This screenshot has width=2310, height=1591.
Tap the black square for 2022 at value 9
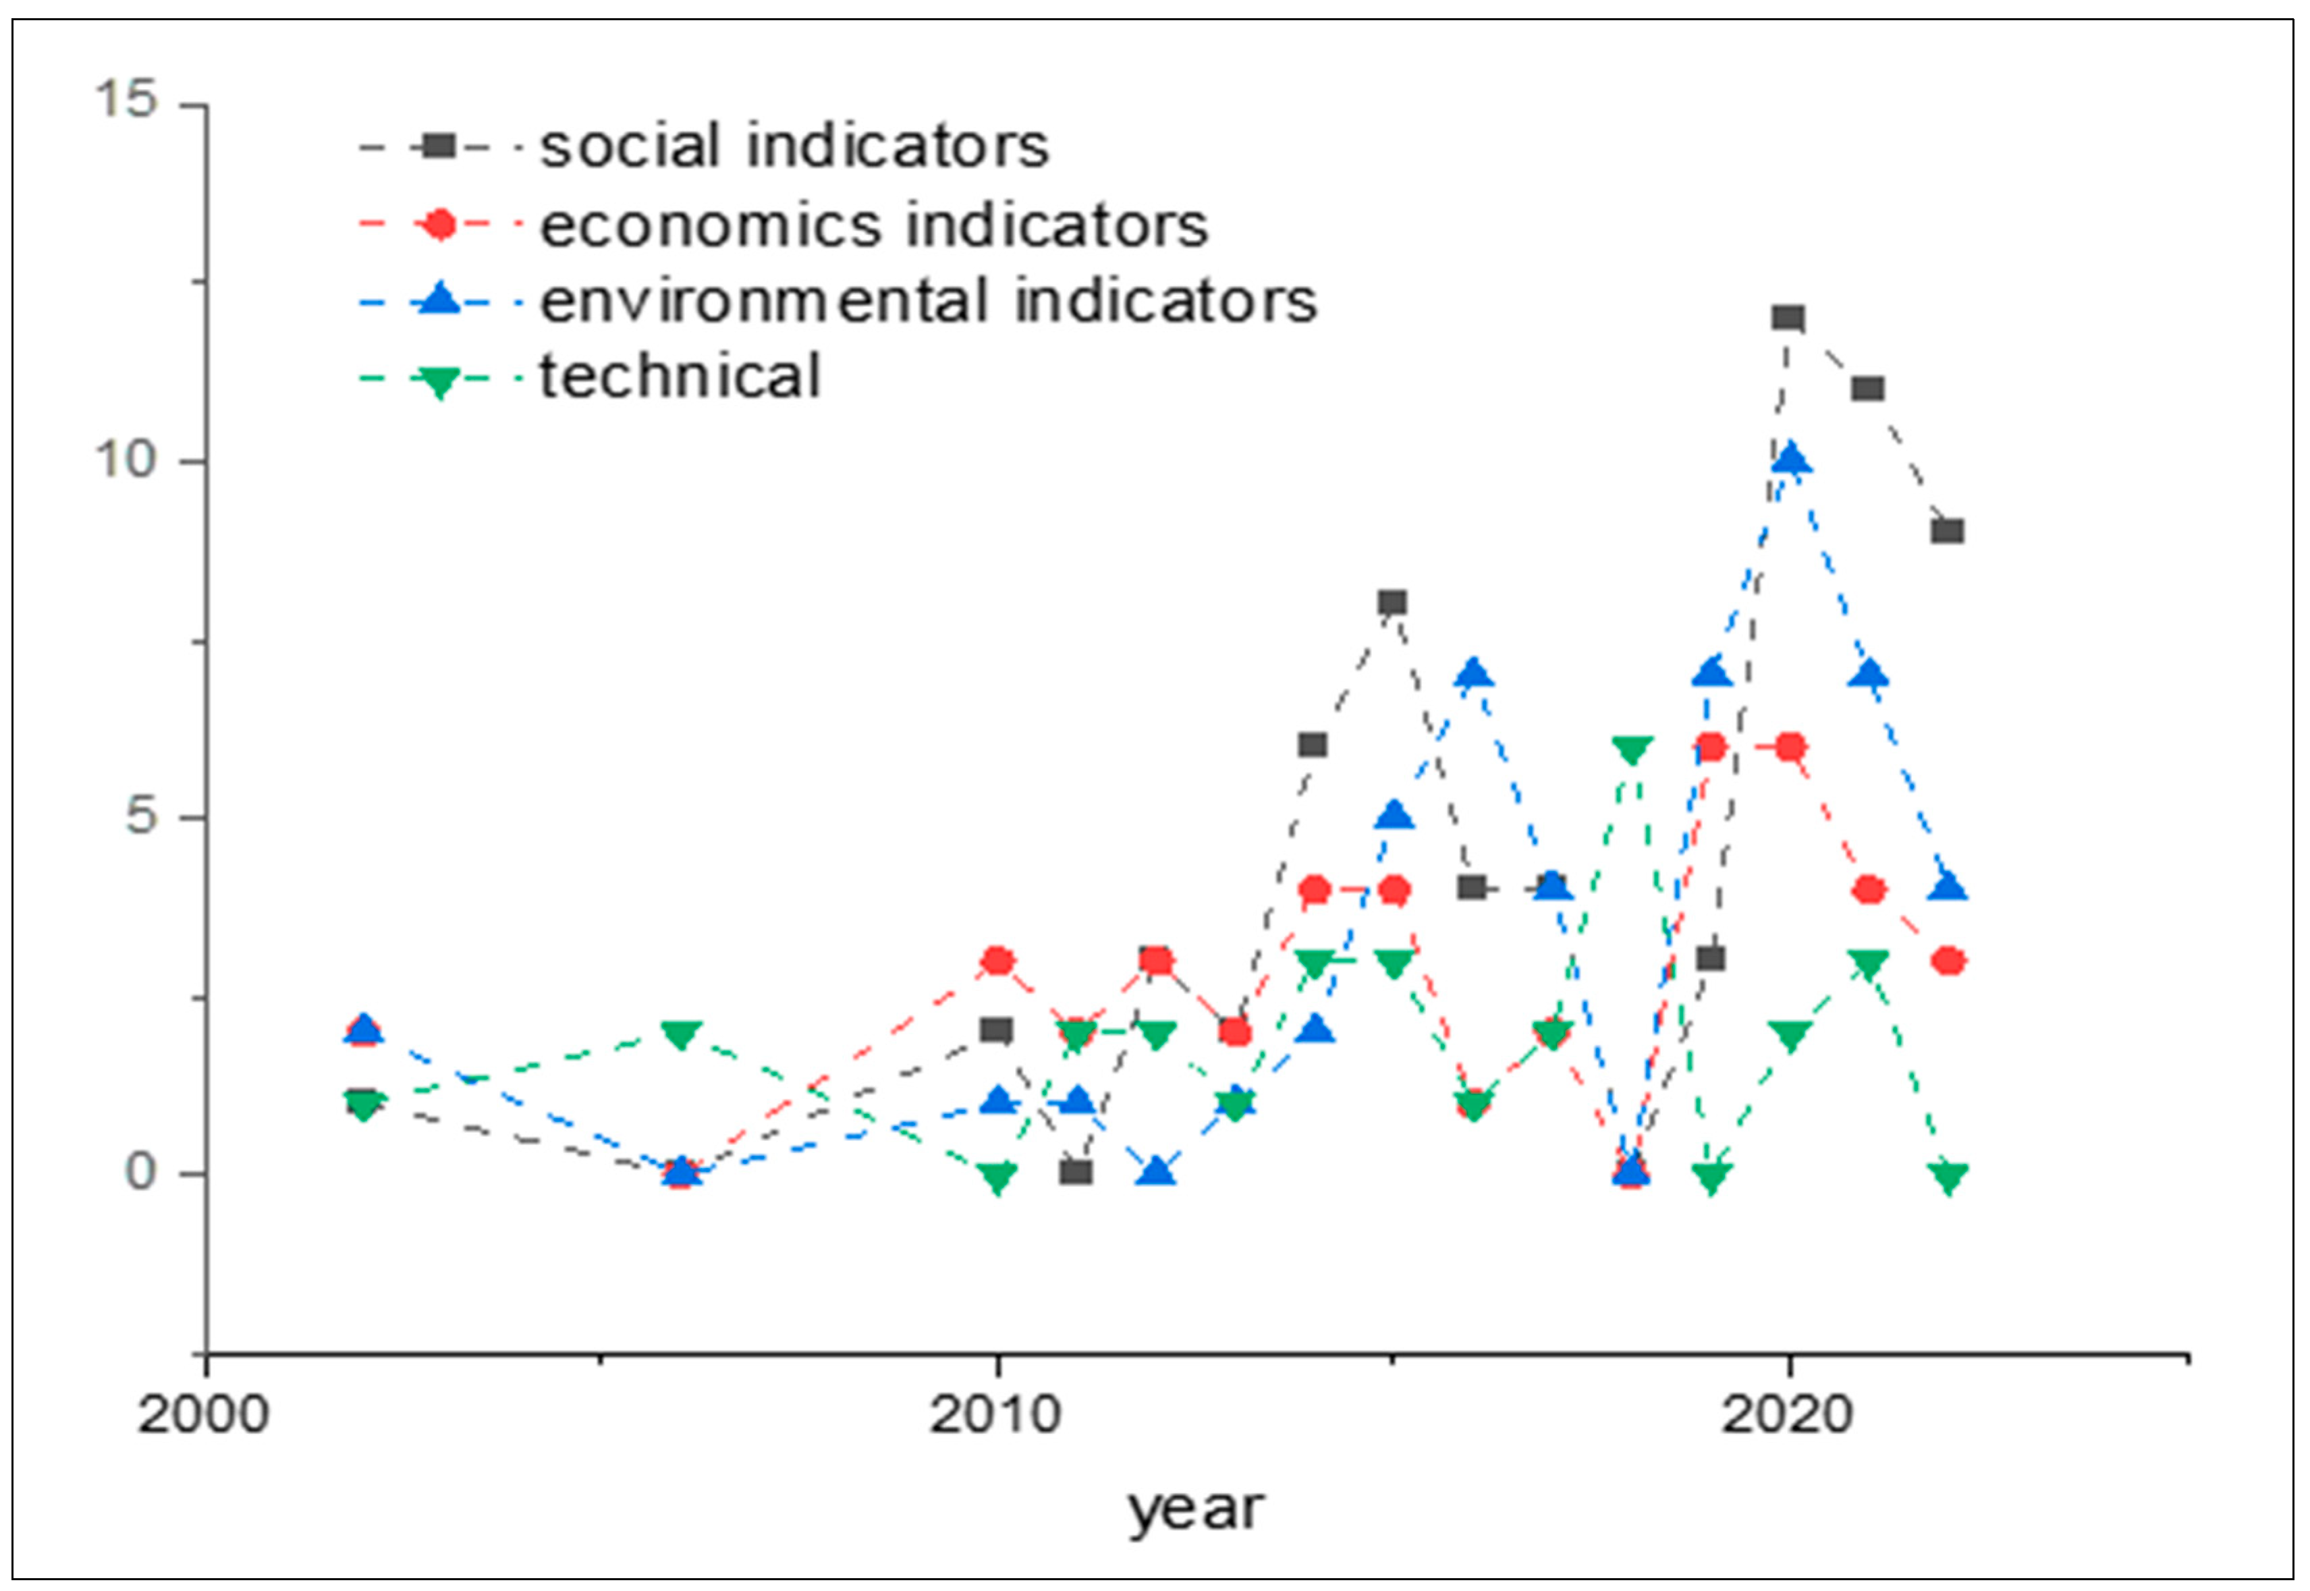(x=1947, y=530)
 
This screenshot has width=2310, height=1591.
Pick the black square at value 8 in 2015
(x=1393, y=602)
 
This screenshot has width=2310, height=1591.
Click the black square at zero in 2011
(x=1076, y=1171)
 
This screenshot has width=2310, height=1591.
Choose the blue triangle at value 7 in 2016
(x=1475, y=675)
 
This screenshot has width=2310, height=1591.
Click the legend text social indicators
(x=794, y=146)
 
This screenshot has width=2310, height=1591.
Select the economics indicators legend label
(x=873, y=225)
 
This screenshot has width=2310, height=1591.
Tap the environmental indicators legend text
(x=927, y=301)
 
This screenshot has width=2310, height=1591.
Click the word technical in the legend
(x=680, y=376)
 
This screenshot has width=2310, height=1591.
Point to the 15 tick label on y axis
(x=127, y=100)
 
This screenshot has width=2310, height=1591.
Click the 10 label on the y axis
(x=127, y=459)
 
